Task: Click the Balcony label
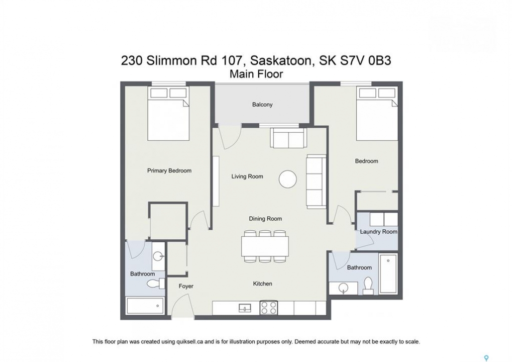pos(262,105)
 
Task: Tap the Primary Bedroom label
pos(169,170)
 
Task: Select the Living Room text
pos(247,176)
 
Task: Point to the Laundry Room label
pos(378,232)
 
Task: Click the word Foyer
pos(186,286)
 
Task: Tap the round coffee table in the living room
pos(288,179)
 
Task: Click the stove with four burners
pos(269,307)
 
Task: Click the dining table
pos(265,246)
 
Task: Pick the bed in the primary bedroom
pos(168,114)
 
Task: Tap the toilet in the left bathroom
pos(156,283)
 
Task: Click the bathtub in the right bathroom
pos(388,274)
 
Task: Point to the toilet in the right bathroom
pos(368,286)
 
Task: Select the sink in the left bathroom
pos(158,256)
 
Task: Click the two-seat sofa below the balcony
pos(288,138)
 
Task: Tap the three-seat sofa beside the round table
pos(316,182)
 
